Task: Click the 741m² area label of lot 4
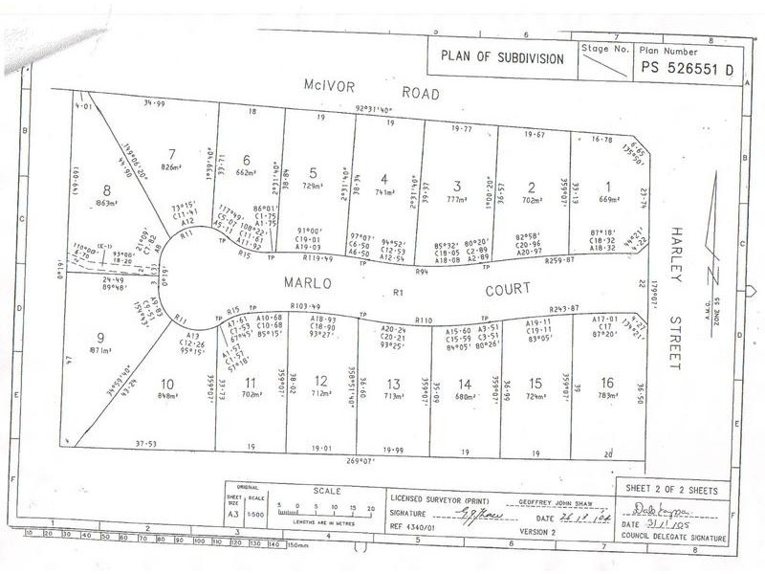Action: click(385, 192)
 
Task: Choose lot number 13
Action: click(393, 383)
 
